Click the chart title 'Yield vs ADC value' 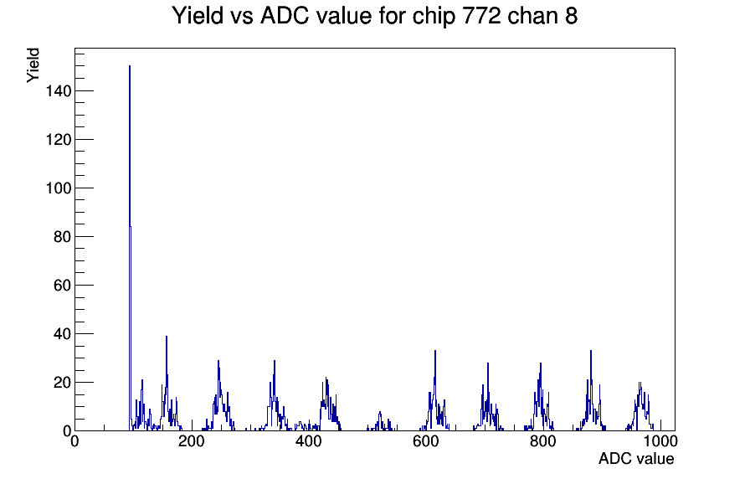pyautogui.click(x=272, y=15)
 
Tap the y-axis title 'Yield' pyautogui.click(x=33, y=65)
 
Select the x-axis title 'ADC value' pyautogui.click(x=636, y=458)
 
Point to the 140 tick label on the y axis pyautogui.click(x=59, y=91)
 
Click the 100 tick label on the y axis pyautogui.click(x=59, y=188)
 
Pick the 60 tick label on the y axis pyautogui.click(x=63, y=286)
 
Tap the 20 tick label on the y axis pyautogui.click(x=63, y=383)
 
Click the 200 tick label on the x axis pyautogui.click(x=192, y=441)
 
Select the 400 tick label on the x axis pyautogui.click(x=309, y=441)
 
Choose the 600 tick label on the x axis pyautogui.click(x=426, y=441)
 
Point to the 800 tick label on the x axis pyautogui.click(x=543, y=441)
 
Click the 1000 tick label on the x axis pyautogui.click(x=660, y=441)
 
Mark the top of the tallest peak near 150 pyautogui.click(x=130, y=66)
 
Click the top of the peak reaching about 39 pyautogui.click(x=167, y=336)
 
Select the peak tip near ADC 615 pyautogui.click(x=435, y=351)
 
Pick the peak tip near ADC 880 pyautogui.click(x=591, y=351)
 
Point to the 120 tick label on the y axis pyautogui.click(x=59, y=140)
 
